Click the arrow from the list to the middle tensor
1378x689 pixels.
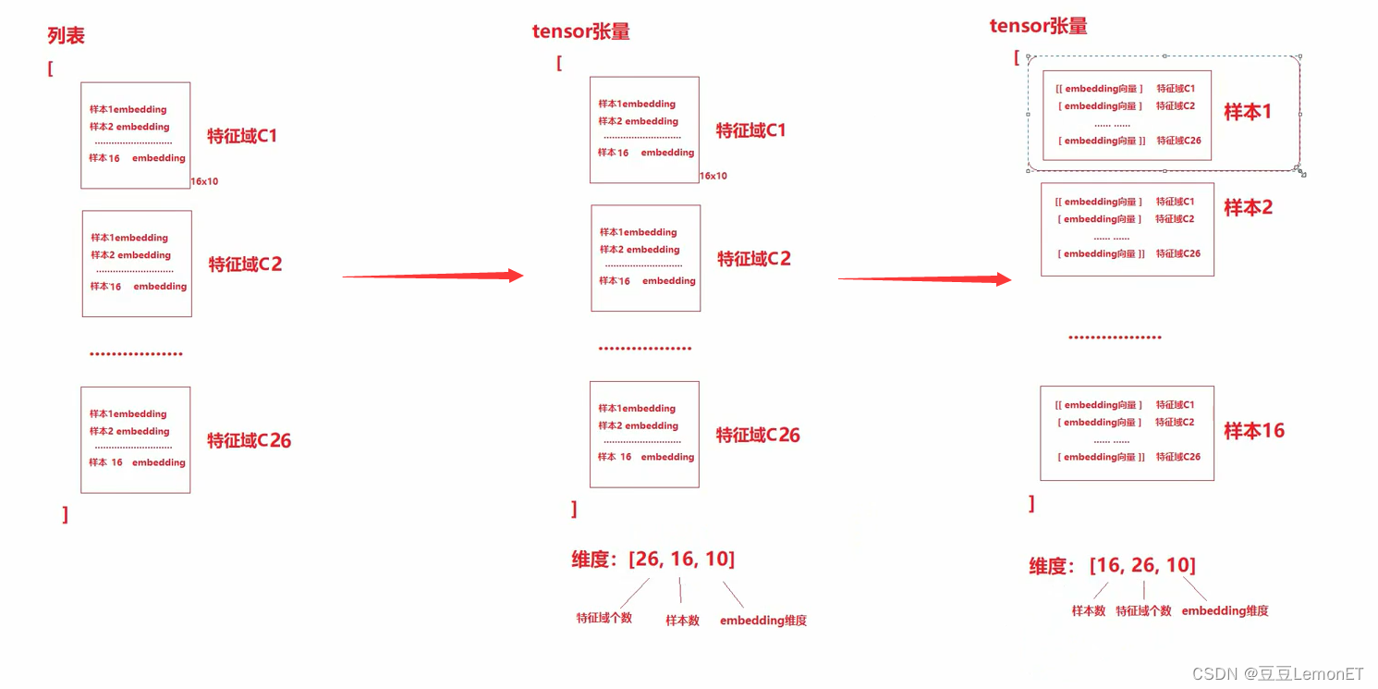click(x=433, y=276)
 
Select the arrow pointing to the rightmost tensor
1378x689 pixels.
click(x=924, y=278)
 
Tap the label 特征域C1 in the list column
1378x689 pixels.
click(x=242, y=136)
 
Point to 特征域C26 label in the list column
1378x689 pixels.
click(x=249, y=440)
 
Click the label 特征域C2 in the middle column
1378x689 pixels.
click(x=754, y=259)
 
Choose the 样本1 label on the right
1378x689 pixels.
click(x=1248, y=112)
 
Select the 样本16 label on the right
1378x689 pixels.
click(x=1254, y=430)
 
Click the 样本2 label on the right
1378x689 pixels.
click(x=1248, y=208)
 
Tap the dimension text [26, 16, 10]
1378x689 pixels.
click(x=681, y=559)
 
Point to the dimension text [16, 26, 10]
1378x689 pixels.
click(x=1142, y=565)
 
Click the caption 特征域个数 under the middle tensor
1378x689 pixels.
click(x=604, y=618)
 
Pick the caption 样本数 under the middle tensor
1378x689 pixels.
click(x=682, y=621)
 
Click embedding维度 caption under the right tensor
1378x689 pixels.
click(x=1225, y=610)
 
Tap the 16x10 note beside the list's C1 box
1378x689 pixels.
click(x=204, y=182)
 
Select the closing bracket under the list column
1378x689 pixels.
click(x=65, y=515)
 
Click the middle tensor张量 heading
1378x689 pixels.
click(x=580, y=31)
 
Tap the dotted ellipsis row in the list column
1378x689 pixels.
click(x=136, y=353)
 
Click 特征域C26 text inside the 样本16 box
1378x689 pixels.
click(x=1178, y=457)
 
